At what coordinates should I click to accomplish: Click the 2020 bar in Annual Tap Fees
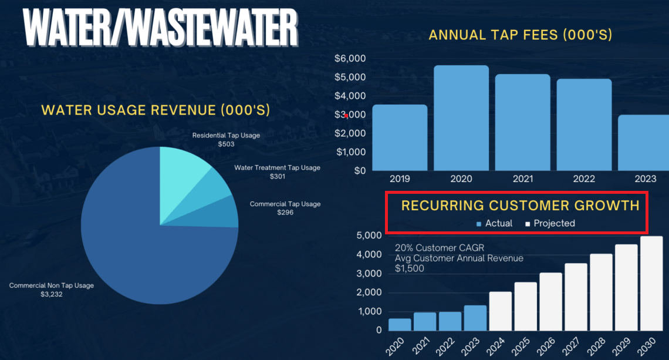(x=461, y=117)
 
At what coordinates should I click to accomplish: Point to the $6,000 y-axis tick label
(x=350, y=59)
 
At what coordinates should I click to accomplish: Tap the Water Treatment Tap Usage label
(x=277, y=168)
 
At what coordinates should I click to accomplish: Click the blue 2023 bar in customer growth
(x=475, y=318)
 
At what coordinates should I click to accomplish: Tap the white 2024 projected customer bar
(x=501, y=311)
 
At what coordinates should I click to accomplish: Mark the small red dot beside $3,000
(x=347, y=116)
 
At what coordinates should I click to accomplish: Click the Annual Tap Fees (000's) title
(x=521, y=35)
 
